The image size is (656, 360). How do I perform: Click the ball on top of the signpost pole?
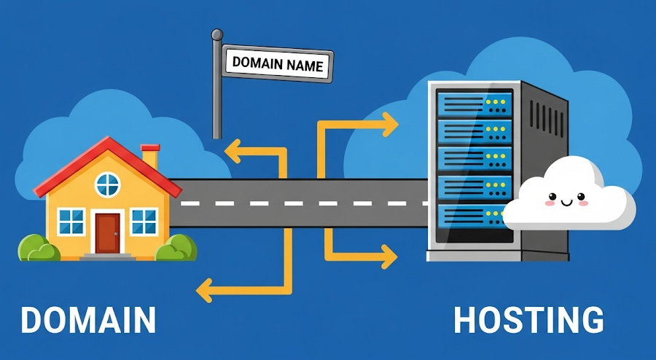point(216,34)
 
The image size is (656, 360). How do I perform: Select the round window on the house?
point(107,184)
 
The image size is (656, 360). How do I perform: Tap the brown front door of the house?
point(107,232)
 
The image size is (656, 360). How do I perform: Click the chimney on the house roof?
point(150,157)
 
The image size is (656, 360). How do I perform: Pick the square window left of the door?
point(71,222)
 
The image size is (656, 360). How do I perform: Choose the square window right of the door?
point(144,222)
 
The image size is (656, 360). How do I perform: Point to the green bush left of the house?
point(38,249)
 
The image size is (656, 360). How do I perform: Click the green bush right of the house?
point(176,249)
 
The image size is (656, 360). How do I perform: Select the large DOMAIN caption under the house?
point(88,321)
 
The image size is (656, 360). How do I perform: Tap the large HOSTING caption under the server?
point(528,321)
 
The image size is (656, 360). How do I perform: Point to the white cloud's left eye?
point(551,195)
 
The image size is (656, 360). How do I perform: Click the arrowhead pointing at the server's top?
point(389,125)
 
